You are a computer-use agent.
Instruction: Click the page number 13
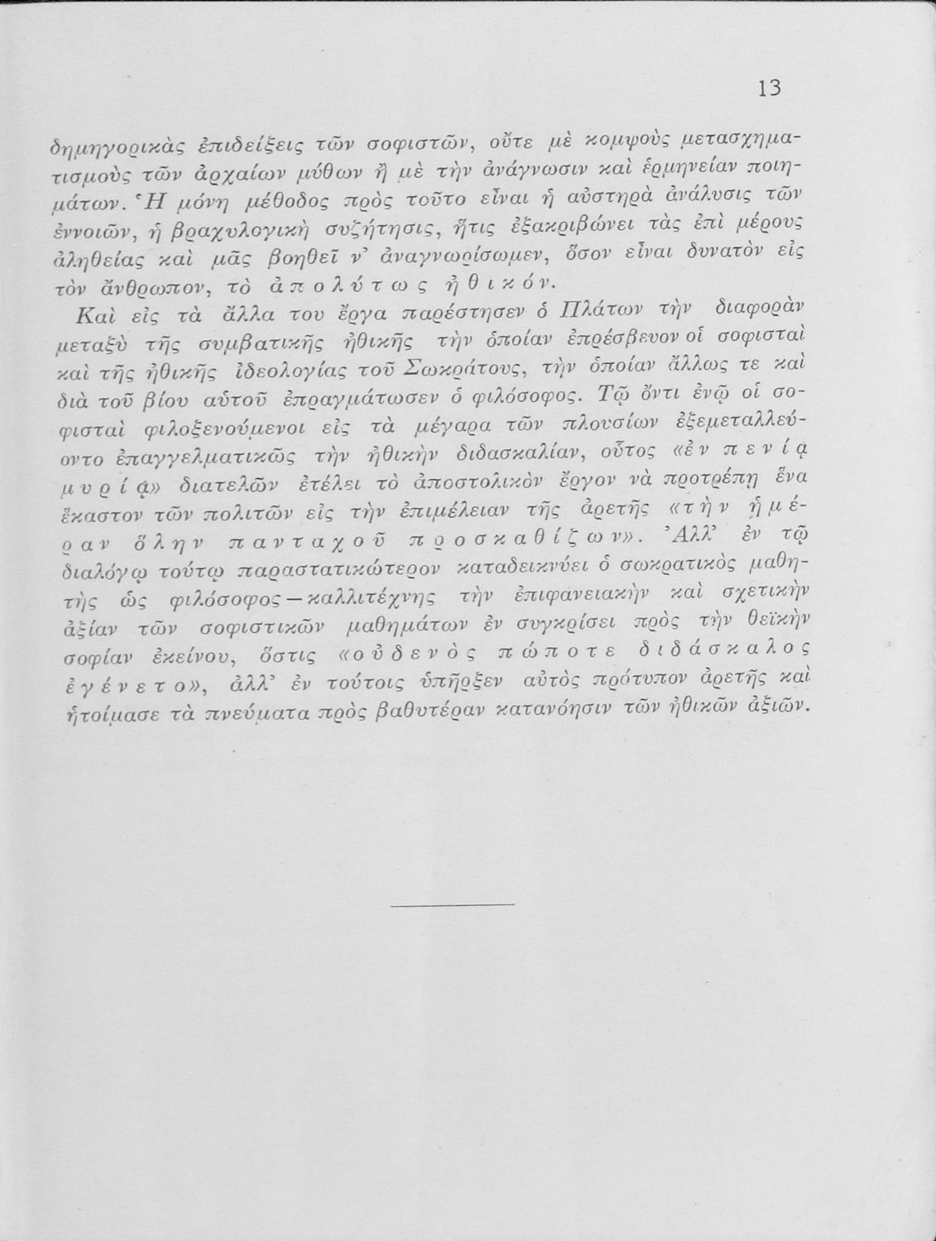[x=769, y=88]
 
